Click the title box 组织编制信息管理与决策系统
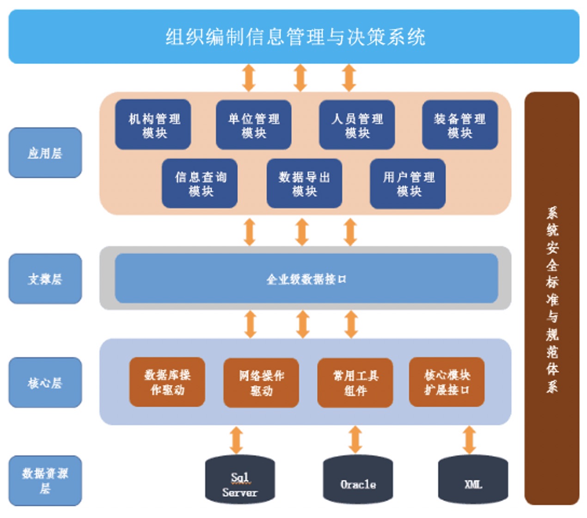294,37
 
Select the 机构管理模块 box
153,125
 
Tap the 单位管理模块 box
254,125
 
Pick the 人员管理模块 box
357,125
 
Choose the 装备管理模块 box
460,125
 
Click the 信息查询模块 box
200,184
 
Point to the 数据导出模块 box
304,184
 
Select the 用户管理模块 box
408,184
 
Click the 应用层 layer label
45,153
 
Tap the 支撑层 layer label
45,279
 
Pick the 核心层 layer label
45,382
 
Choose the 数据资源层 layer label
45,481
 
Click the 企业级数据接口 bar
306,278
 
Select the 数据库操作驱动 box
167,382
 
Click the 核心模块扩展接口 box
446,382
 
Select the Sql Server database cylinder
240,481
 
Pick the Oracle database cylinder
358,481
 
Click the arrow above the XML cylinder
469,440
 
